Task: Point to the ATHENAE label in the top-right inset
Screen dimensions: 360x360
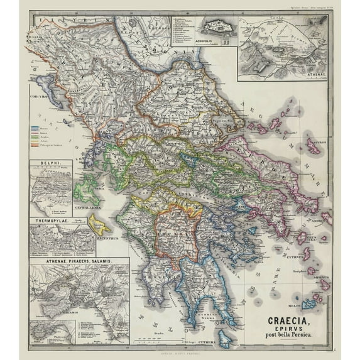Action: pos(313,72)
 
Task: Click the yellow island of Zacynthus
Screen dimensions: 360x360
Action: pos(99,224)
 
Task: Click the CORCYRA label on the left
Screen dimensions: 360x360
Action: pos(39,97)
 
